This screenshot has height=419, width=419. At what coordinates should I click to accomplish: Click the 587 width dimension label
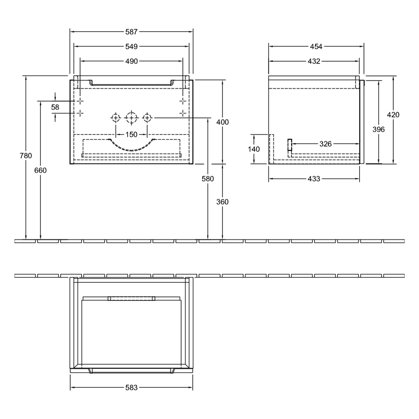pyautogui.click(x=131, y=32)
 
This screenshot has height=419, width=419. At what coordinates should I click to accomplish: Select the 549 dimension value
pyautogui.click(x=131, y=47)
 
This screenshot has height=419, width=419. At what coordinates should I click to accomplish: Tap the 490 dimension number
pyautogui.click(x=131, y=61)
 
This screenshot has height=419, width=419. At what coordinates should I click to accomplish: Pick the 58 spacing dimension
pyautogui.click(x=56, y=107)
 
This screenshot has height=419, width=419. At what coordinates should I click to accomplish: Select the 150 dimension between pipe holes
pyautogui.click(x=131, y=134)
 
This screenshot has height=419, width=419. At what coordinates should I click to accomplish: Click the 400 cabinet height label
pyautogui.click(x=223, y=122)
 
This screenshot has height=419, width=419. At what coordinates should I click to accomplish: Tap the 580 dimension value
pyautogui.click(x=208, y=179)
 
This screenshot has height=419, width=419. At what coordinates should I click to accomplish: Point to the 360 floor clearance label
pyautogui.click(x=223, y=202)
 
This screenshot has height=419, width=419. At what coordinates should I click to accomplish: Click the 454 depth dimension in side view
pyautogui.click(x=314, y=32)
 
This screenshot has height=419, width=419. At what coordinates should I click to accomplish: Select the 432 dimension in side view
pyautogui.click(x=314, y=61)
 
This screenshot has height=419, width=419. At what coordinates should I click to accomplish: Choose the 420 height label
pyautogui.click(x=393, y=115)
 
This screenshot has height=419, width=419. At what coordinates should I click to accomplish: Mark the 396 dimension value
pyautogui.click(x=378, y=129)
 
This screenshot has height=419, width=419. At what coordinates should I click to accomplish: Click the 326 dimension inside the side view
pyautogui.click(x=326, y=144)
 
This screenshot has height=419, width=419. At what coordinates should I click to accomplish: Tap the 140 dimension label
pyautogui.click(x=254, y=149)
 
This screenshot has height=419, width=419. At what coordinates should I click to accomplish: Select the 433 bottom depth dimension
pyautogui.click(x=314, y=179)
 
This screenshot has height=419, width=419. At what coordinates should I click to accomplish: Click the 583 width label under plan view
pyautogui.click(x=131, y=388)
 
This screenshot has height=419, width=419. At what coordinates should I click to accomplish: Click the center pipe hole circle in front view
pyautogui.click(x=131, y=117)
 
